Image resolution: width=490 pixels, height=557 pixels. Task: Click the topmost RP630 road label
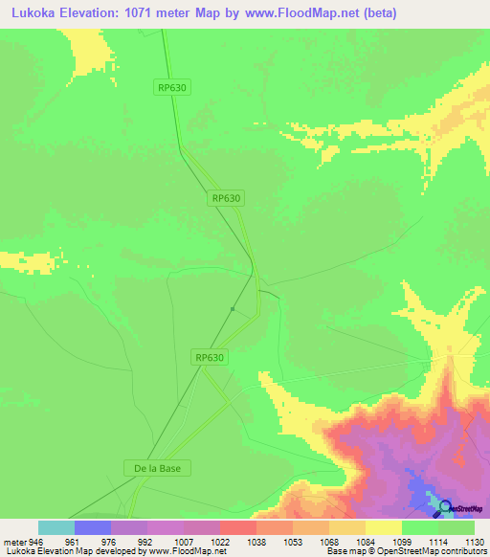tap(172, 87)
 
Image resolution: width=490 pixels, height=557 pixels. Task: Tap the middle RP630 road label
tap(226, 198)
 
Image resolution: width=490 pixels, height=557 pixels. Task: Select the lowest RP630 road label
tap(210, 357)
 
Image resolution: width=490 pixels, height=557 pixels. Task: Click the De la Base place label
tap(158, 468)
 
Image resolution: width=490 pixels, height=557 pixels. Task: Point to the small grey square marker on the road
tap(233, 308)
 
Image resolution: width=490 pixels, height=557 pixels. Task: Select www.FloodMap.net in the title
tap(299, 13)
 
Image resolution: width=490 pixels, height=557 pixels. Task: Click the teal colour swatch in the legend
tap(56, 527)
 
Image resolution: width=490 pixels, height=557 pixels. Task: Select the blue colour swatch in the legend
tap(93, 527)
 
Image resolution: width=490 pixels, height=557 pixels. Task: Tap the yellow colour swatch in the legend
tap(384, 527)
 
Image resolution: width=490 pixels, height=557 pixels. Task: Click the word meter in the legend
tap(13, 541)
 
